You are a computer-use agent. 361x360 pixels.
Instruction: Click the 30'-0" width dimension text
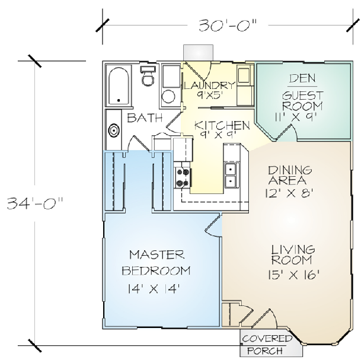pyautogui.click(x=227, y=25)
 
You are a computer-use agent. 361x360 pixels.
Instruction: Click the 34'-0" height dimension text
pyautogui.click(x=35, y=203)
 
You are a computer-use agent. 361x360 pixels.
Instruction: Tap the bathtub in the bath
pyautogui.click(x=119, y=86)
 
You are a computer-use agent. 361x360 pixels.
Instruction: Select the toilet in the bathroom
pyautogui.click(x=148, y=76)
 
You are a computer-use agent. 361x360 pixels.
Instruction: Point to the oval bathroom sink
pyautogui.click(x=114, y=130)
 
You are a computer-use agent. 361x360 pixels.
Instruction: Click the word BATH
pyautogui.click(x=145, y=118)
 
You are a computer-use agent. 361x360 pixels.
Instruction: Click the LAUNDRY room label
pyautogui.click(x=209, y=85)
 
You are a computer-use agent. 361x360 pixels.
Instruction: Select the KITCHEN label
pyautogui.click(x=222, y=126)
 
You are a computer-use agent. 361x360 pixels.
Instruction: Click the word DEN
pyautogui.click(x=302, y=78)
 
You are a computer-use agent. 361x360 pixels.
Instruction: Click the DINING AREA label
pyautogui.click(x=290, y=176)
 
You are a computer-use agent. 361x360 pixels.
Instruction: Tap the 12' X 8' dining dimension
pyautogui.click(x=289, y=193)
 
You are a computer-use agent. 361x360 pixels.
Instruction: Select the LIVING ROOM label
pyautogui.click(x=293, y=255)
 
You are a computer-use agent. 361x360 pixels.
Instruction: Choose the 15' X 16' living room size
pyautogui.click(x=294, y=275)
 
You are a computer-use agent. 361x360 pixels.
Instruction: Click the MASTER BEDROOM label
pyautogui.click(x=156, y=263)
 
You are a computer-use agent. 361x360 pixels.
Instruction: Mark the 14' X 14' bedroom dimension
pyautogui.click(x=154, y=289)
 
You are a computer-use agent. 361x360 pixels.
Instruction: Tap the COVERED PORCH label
pyautogui.click(x=267, y=345)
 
